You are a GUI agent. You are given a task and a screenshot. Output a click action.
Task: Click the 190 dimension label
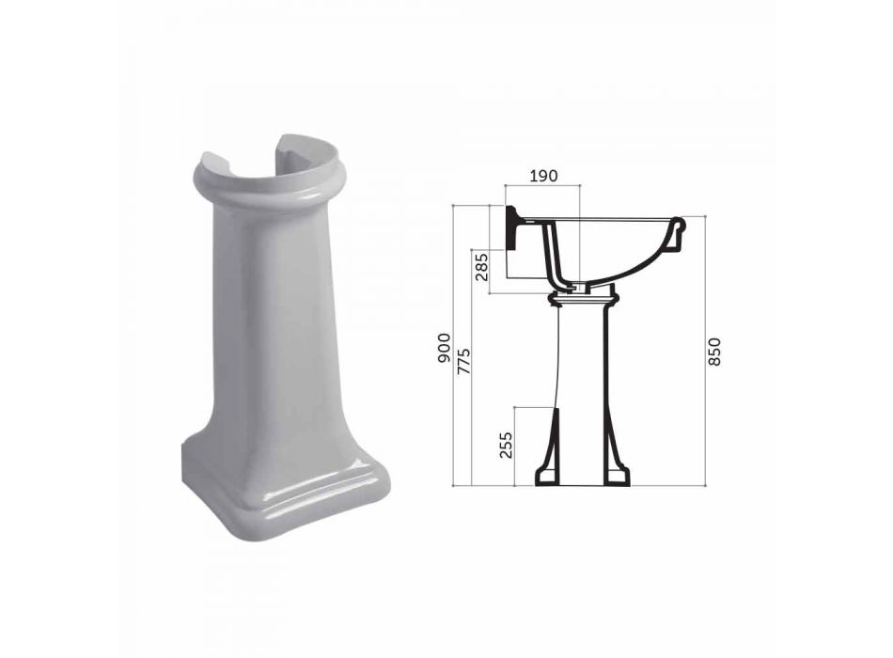[x=543, y=176]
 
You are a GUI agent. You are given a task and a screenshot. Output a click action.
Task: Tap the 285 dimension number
[x=482, y=267]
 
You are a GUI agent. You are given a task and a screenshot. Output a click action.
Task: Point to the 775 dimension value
[x=464, y=361]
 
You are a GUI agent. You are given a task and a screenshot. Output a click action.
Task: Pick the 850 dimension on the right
[x=714, y=352]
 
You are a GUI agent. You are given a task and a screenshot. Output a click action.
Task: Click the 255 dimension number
[x=507, y=445]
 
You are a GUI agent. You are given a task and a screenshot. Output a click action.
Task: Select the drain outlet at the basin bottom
[x=577, y=287]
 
